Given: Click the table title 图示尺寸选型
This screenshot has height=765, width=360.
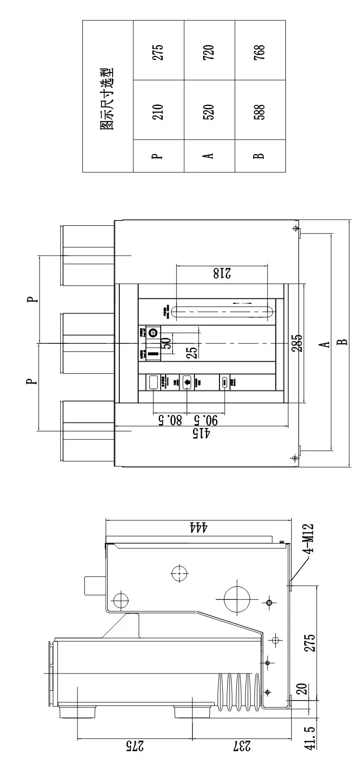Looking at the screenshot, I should tap(108, 96).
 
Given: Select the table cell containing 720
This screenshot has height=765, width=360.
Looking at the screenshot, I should tap(209, 50).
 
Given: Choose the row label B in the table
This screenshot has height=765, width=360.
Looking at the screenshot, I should tap(260, 156).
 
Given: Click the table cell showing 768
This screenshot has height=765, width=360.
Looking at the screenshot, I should tap(260, 50).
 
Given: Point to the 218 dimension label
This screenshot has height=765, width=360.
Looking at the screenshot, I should tap(221, 273).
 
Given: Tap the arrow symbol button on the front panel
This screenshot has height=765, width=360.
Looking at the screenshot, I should tap(187, 382).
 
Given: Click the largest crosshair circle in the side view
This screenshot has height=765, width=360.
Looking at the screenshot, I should tap(237, 599).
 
